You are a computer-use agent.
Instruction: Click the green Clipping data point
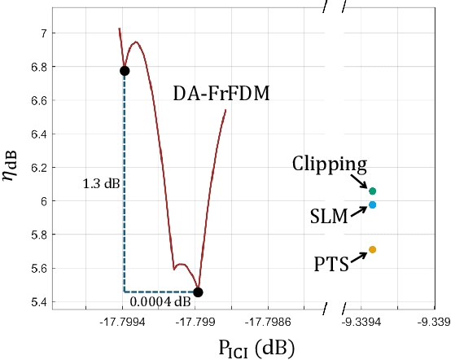point(372,191)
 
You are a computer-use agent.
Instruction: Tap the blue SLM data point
point(372,204)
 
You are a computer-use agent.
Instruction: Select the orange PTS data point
point(372,249)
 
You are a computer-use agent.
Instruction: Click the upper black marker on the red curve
point(125,71)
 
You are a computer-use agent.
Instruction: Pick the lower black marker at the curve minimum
point(198,292)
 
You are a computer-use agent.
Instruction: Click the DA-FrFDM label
point(221,94)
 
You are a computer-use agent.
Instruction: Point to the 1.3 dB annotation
point(101,184)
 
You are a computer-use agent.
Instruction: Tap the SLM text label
point(330,216)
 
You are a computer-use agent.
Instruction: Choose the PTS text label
point(332,263)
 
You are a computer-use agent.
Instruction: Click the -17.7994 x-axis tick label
point(125,322)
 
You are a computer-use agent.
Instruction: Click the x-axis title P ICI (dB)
point(256,348)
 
